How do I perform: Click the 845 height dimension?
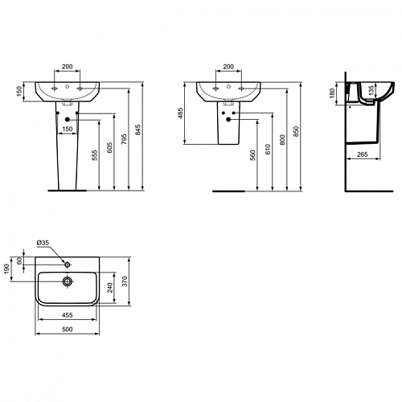(137, 129)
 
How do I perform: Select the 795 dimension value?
(124, 139)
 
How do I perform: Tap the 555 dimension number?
(95, 155)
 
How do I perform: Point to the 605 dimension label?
(109, 148)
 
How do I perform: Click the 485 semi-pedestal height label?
(180, 113)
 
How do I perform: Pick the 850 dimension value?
(296, 132)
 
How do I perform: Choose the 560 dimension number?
(252, 155)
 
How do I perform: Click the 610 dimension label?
(268, 150)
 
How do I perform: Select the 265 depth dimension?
(363, 154)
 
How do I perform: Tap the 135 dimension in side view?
(371, 91)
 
